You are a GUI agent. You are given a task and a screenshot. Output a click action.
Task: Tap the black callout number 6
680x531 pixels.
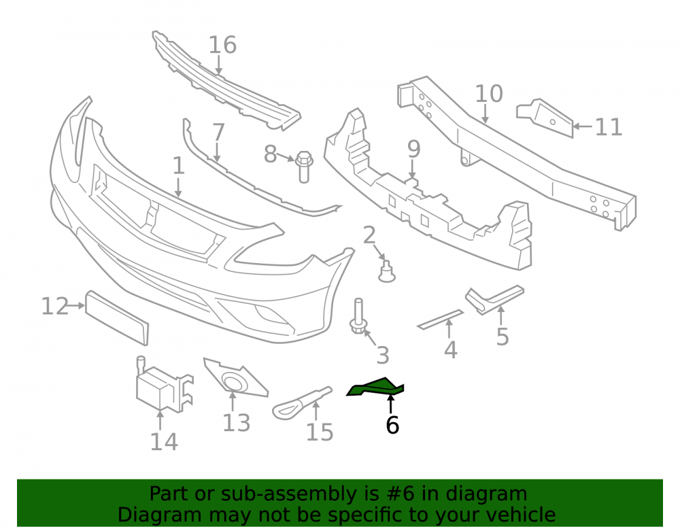click(392, 425)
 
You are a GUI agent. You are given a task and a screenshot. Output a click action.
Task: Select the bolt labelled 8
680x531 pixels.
click(303, 167)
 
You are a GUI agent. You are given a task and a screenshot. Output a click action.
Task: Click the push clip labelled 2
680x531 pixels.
click(386, 271)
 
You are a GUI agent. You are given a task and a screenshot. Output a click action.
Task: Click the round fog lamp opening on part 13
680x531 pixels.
click(233, 381)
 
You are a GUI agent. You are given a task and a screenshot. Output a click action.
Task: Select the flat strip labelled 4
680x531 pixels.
click(440, 320)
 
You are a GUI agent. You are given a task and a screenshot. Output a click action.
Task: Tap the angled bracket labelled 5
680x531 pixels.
click(494, 299)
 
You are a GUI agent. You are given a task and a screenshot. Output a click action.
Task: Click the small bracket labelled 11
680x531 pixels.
click(545, 117)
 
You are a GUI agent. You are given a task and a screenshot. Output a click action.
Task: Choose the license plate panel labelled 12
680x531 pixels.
click(117, 318)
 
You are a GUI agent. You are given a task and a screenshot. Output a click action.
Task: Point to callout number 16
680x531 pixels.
click(222, 45)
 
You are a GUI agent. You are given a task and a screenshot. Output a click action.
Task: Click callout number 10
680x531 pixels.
click(489, 94)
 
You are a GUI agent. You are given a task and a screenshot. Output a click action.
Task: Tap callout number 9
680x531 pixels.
click(414, 149)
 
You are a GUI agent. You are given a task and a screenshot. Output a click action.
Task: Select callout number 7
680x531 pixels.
click(218, 132)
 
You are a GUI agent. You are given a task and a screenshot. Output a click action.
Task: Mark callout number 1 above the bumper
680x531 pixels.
click(178, 166)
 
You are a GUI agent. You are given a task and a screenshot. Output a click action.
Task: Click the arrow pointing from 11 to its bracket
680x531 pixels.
click(583, 126)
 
